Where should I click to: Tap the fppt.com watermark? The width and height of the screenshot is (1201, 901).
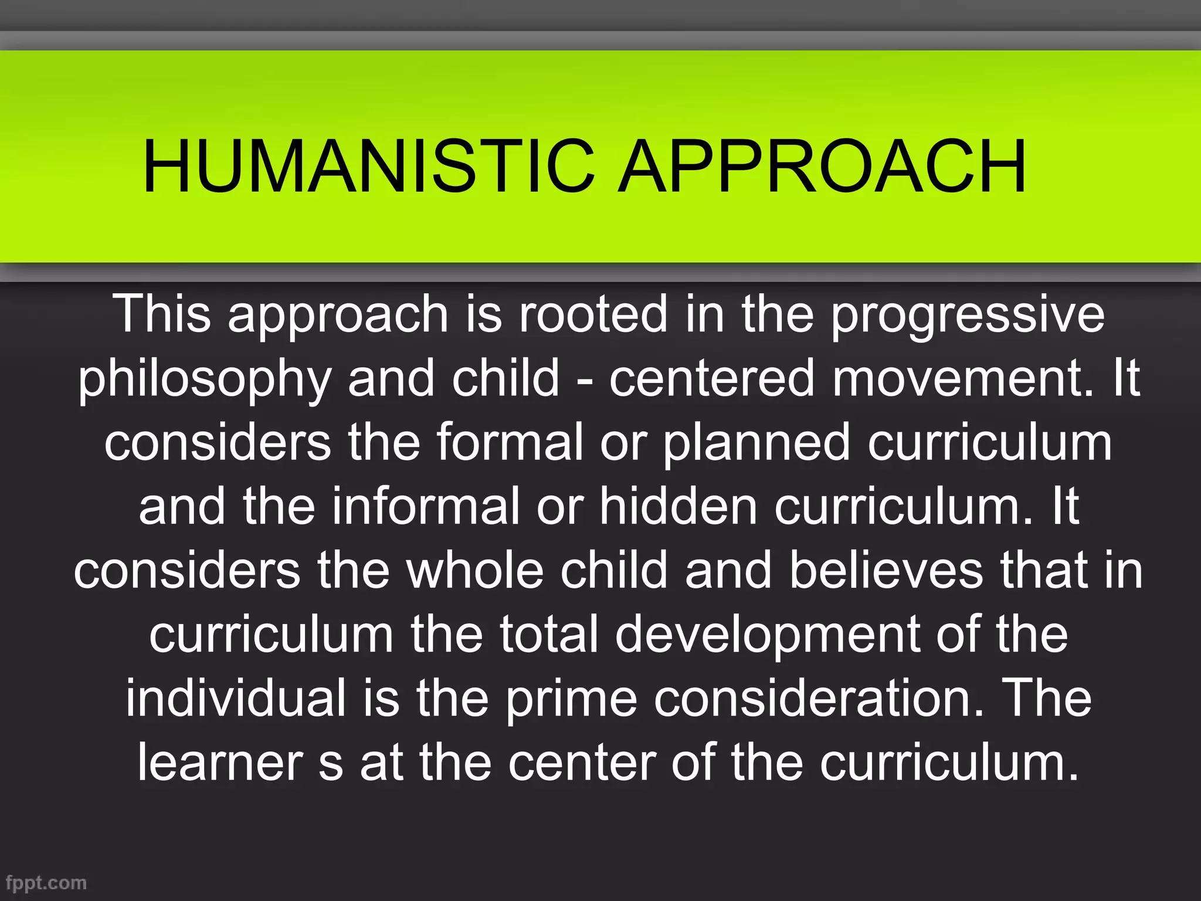point(46,882)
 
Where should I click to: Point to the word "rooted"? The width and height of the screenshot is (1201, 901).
point(593,314)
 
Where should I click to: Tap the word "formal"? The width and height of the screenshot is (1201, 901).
point(510,442)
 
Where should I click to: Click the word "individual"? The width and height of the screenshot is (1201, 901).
point(236,698)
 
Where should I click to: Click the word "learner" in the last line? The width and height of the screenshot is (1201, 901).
point(220,763)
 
